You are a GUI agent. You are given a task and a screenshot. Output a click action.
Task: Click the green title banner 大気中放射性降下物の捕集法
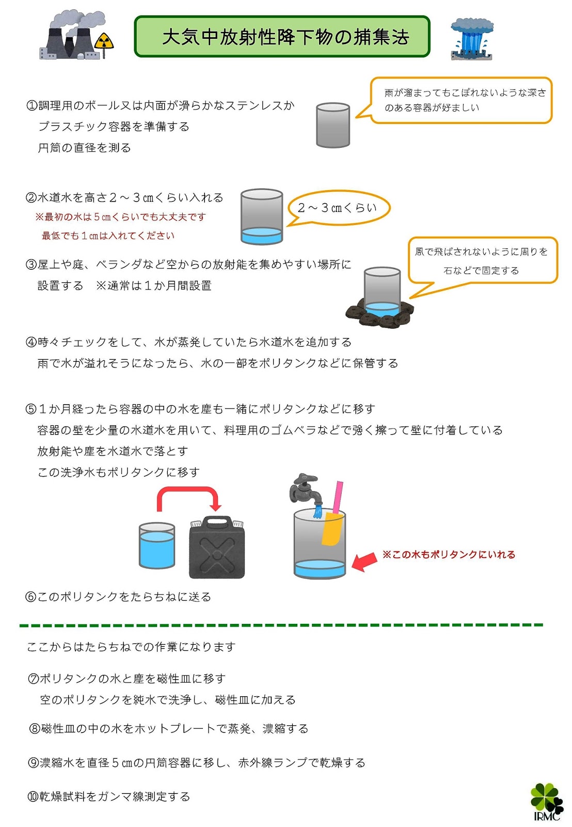click(282, 37)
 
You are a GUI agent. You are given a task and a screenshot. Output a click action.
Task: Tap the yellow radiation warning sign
click(105, 41)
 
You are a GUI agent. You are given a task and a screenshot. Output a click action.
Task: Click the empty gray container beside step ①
click(333, 125)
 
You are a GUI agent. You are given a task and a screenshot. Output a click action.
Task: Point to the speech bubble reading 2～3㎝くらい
click(338, 208)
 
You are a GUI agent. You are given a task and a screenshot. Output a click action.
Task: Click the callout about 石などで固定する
click(482, 261)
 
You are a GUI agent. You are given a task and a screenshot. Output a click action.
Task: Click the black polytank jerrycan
click(217, 548)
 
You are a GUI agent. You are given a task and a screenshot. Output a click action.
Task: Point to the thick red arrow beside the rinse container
click(364, 561)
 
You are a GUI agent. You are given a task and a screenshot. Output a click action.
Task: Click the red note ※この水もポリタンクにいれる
click(449, 555)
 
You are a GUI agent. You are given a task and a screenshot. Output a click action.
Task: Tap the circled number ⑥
click(31, 597)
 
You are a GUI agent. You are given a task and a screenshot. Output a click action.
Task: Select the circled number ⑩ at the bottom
click(33, 797)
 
